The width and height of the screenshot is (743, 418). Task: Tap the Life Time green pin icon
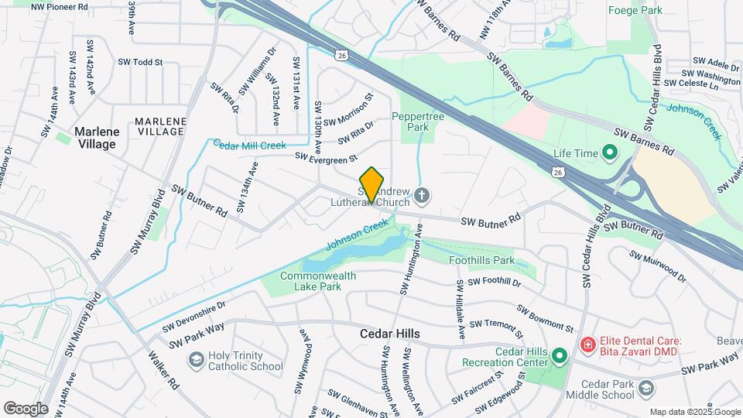click(x=608, y=152)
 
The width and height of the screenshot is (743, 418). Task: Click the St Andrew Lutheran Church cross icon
click(x=421, y=194)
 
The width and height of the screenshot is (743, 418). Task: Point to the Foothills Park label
click(x=481, y=261)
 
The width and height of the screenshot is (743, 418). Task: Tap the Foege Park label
click(x=657, y=11)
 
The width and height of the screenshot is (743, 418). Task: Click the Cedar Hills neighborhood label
click(x=390, y=334)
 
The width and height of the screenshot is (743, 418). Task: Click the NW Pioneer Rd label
click(x=63, y=6)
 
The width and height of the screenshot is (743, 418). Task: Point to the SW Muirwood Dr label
click(x=657, y=265)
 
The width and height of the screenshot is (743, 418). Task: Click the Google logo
click(x=26, y=408)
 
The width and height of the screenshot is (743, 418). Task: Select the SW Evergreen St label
click(x=326, y=157)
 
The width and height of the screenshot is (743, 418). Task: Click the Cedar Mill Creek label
click(x=250, y=145)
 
